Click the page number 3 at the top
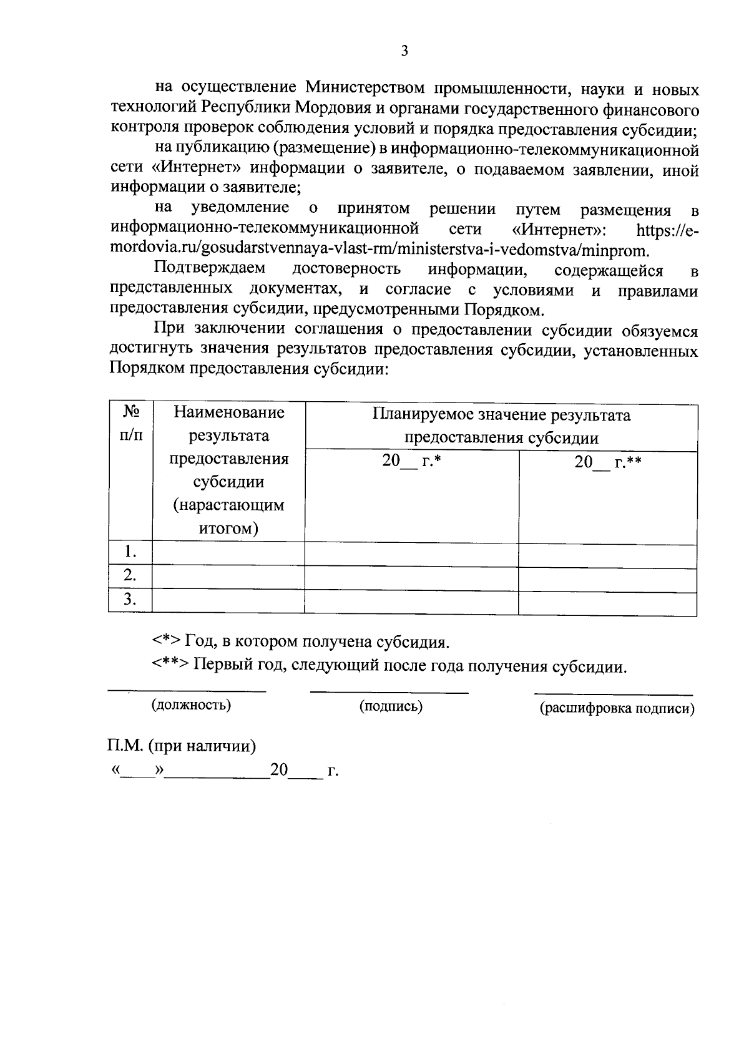click(x=404, y=51)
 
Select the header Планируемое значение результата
click(x=501, y=416)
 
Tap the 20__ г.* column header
click(x=411, y=462)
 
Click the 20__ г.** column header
click(x=608, y=462)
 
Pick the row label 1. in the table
click(x=130, y=552)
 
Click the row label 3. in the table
click(x=130, y=600)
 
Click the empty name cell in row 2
click(x=228, y=576)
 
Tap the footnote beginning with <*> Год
click(x=300, y=642)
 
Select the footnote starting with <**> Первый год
click(x=388, y=666)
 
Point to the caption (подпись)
click(x=391, y=706)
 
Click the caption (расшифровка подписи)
click(x=617, y=708)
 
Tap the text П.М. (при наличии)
click(x=181, y=746)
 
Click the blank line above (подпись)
click(x=389, y=691)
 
